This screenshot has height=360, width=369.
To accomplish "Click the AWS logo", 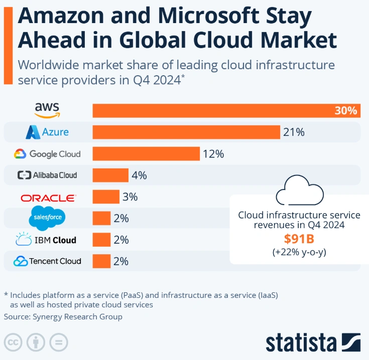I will tap(47, 110).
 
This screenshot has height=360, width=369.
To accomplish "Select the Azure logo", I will tap(47, 132).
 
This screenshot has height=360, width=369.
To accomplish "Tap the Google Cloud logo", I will tap(47, 154).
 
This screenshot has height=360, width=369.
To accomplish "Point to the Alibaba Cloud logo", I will tap(47, 175).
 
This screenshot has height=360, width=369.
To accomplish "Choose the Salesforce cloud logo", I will tap(47, 218).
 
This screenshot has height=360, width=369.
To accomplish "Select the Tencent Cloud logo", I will tap(47, 261).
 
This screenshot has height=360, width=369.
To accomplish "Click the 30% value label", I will tap(346, 111).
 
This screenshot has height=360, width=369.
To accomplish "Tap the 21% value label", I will tap(294, 132).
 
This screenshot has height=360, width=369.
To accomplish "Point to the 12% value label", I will tap(213, 154).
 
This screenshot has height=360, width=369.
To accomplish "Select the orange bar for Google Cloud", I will tap(146, 154).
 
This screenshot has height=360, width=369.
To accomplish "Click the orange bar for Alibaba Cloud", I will tap(110, 175).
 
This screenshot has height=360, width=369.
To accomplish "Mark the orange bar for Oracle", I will tap(106, 197).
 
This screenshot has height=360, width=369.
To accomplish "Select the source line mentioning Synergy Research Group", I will tap(63, 317).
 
